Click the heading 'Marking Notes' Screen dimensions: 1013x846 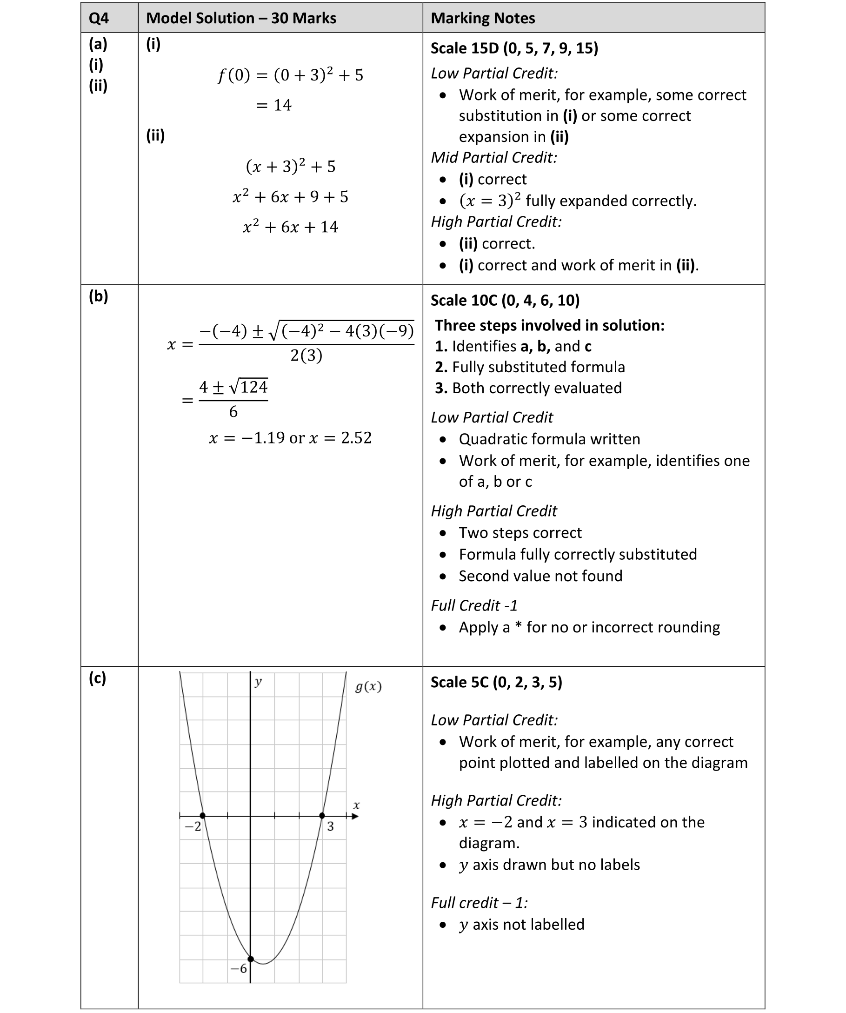click(x=483, y=18)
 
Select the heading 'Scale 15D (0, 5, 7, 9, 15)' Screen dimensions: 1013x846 click(x=514, y=48)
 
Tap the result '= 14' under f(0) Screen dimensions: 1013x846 click(x=273, y=105)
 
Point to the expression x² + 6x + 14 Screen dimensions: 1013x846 click(x=290, y=227)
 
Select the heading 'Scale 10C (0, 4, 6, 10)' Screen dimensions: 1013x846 click(x=505, y=301)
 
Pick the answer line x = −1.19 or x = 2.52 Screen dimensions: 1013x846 click(x=290, y=438)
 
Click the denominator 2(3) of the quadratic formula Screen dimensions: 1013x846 click(x=306, y=356)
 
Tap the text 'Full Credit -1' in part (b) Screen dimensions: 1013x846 click(x=474, y=605)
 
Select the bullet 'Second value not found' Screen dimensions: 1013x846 click(x=540, y=576)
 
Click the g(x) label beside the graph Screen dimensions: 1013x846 click(x=368, y=686)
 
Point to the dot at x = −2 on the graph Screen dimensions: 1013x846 click(x=202, y=816)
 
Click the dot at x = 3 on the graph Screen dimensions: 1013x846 click(x=322, y=816)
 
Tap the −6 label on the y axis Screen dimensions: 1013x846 click(x=239, y=968)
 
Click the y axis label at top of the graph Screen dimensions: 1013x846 click(x=259, y=681)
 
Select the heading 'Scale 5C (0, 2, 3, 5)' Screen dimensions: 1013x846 click(x=496, y=683)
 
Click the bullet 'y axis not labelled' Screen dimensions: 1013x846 click(x=521, y=925)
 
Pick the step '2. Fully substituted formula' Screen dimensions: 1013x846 click(x=530, y=367)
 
